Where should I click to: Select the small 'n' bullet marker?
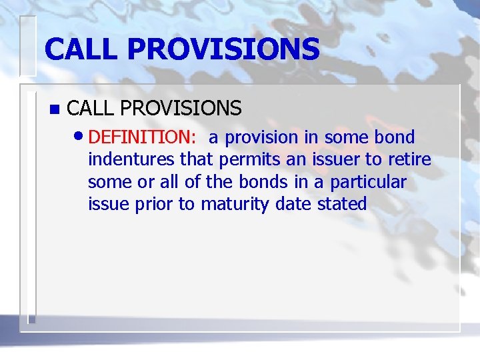(x=54, y=108)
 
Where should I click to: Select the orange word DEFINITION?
(x=142, y=137)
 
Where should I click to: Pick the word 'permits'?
(x=243, y=160)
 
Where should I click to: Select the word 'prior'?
(x=154, y=204)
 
